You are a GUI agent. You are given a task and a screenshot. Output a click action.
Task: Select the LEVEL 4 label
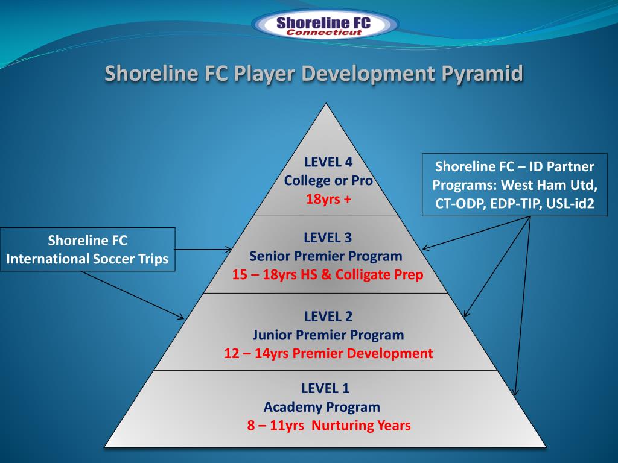coord(328,162)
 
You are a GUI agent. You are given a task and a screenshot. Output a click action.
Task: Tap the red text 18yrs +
coord(328,199)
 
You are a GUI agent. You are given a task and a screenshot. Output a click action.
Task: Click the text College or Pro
coord(328,180)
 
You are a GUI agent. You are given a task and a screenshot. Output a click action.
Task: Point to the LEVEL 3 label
coord(328,237)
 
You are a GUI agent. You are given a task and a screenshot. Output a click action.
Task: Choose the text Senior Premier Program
coord(326,256)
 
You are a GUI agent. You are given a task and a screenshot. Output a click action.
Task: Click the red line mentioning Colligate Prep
coord(328,275)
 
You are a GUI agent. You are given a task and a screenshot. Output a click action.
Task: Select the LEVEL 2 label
coord(328,316)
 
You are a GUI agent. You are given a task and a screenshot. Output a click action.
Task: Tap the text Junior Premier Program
coord(328,335)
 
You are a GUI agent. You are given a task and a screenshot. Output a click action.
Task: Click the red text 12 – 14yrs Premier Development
coord(328,353)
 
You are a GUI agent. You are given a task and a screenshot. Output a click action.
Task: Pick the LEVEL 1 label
coord(325,388)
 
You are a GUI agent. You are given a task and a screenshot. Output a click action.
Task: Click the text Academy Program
coord(322,406)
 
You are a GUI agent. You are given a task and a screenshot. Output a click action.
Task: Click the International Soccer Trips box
coord(88,250)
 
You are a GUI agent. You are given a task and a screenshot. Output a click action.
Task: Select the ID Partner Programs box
coord(515,184)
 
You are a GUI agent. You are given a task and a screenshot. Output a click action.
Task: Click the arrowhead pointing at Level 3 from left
coord(229,249)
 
